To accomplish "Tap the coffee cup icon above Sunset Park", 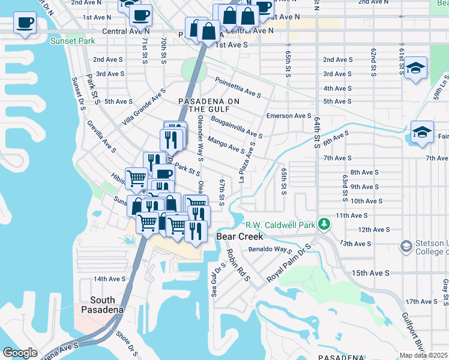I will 25,23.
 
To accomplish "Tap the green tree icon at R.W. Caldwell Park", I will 324,224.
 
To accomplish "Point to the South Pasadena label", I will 107,304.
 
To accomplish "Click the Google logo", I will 20,353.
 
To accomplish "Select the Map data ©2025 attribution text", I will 423,355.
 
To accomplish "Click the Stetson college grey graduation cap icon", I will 406,247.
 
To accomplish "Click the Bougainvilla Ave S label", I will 237,127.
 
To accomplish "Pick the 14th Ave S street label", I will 109,279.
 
